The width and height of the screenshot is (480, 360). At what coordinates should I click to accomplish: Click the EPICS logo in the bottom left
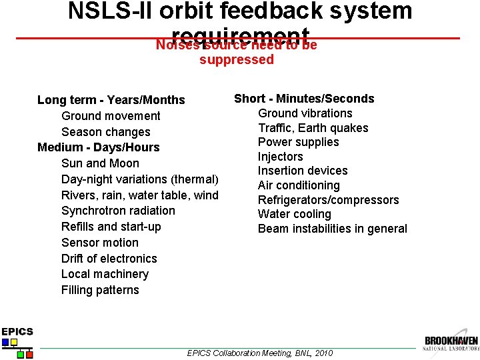pyautogui.click(x=17, y=341)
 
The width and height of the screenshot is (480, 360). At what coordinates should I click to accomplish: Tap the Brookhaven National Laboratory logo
pyautogui.click(x=451, y=343)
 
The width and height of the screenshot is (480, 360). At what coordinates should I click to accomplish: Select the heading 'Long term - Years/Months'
pyautogui.click(x=111, y=100)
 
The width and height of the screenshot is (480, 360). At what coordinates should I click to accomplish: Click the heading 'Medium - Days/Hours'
pyautogui.click(x=98, y=147)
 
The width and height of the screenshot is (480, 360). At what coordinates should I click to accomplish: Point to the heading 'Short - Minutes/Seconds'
pyautogui.click(x=304, y=99)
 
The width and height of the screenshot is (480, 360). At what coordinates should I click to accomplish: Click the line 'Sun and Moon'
pyautogui.click(x=100, y=163)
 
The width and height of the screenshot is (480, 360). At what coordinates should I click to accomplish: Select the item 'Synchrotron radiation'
pyautogui.click(x=118, y=211)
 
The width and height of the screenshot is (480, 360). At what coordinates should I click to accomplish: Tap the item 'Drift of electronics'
pyautogui.click(x=109, y=259)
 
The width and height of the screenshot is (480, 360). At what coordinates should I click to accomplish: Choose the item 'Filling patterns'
pyautogui.click(x=100, y=290)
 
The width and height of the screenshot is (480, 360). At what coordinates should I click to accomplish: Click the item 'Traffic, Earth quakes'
pyautogui.click(x=313, y=128)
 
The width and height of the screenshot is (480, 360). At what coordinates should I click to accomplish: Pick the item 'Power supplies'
pyautogui.click(x=298, y=142)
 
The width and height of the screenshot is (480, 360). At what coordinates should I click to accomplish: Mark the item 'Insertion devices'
pyautogui.click(x=303, y=171)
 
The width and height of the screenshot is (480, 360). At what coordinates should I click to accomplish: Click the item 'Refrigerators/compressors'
pyautogui.click(x=328, y=200)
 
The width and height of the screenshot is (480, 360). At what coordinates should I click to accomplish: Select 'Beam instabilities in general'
pyautogui.click(x=332, y=229)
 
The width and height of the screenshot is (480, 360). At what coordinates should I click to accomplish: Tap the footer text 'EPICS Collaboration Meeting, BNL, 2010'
pyautogui.click(x=260, y=353)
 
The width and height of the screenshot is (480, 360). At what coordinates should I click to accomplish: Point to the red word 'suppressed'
pyautogui.click(x=237, y=60)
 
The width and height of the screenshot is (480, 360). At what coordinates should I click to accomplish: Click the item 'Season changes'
pyautogui.click(x=105, y=132)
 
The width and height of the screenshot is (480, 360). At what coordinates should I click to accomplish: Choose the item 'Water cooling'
pyautogui.click(x=294, y=214)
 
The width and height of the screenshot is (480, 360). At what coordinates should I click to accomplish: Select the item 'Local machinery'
pyautogui.click(x=105, y=274)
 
